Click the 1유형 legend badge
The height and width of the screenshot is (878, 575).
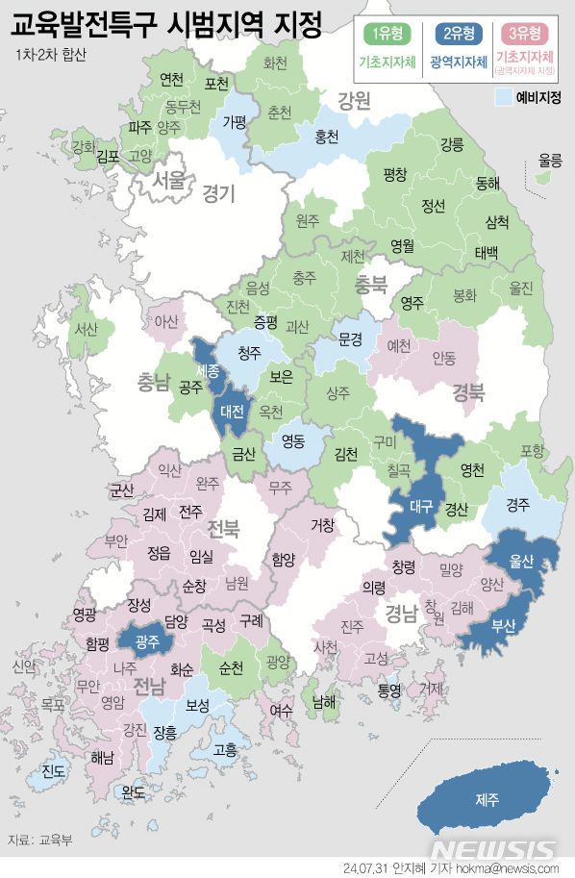coord(387,35)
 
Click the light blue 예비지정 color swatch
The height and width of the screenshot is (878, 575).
coord(502,97)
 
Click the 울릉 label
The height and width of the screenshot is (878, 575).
coord(550,160)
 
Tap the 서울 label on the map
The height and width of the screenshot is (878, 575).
coord(168,179)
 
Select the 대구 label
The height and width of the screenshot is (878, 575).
coord(420,506)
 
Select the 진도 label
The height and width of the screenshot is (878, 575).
coord(54,771)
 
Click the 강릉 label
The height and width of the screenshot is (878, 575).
coord(451,144)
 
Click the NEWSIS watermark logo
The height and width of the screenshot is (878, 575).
coord(492,849)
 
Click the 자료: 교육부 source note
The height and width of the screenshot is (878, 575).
coord(44,839)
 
